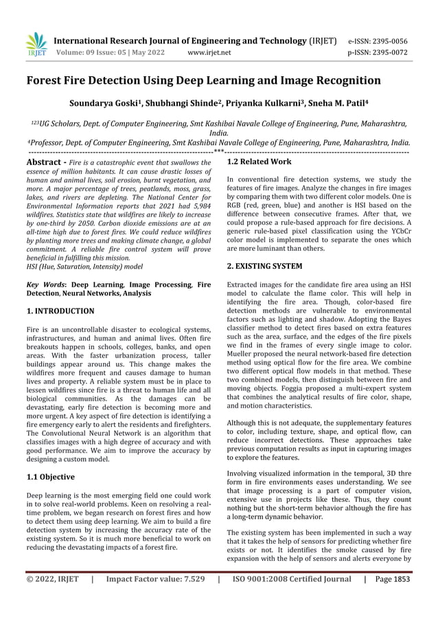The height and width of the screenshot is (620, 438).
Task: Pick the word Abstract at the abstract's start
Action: tap(45, 162)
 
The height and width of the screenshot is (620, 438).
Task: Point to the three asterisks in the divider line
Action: tap(219, 151)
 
